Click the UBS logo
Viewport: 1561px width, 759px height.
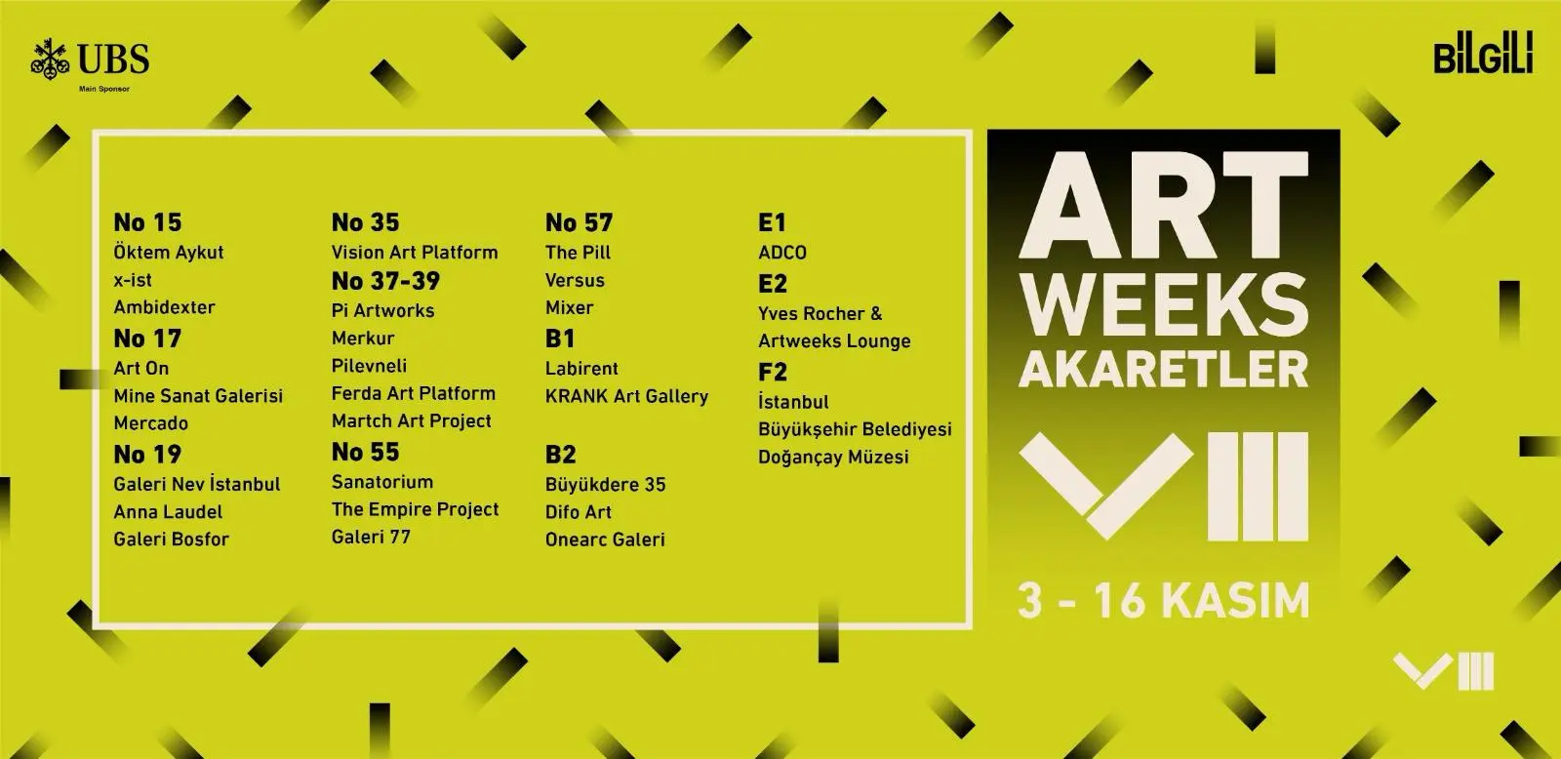(x=90, y=60)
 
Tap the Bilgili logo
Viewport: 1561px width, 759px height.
(x=1483, y=53)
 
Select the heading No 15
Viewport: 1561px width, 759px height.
(x=147, y=222)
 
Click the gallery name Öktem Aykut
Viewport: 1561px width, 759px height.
(x=169, y=252)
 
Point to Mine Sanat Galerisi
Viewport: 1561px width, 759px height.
(x=199, y=396)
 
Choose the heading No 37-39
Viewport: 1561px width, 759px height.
(x=386, y=281)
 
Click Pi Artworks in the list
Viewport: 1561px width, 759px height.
(x=383, y=311)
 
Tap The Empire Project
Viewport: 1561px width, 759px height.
(x=416, y=509)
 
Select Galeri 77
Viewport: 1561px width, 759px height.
(x=372, y=537)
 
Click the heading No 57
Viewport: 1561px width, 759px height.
(x=580, y=222)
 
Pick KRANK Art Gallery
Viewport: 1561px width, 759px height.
(x=627, y=396)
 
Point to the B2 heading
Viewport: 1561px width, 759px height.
(x=561, y=455)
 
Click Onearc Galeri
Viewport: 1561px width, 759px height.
(x=606, y=539)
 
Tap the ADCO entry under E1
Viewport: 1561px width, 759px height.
(x=782, y=253)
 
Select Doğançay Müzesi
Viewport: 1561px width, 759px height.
(x=833, y=458)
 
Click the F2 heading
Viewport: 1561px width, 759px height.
(x=773, y=372)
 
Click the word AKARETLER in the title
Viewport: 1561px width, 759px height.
(x=1164, y=369)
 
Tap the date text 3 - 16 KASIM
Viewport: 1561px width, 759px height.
(x=1164, y=600)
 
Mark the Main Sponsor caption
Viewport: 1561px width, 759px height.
(x=104, y=89)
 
